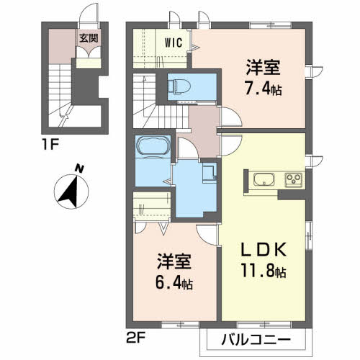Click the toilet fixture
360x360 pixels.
point(179,87)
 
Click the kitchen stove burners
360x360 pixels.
point(294,179)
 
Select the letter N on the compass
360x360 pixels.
point(81,169)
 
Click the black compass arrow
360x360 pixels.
point(71,190)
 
